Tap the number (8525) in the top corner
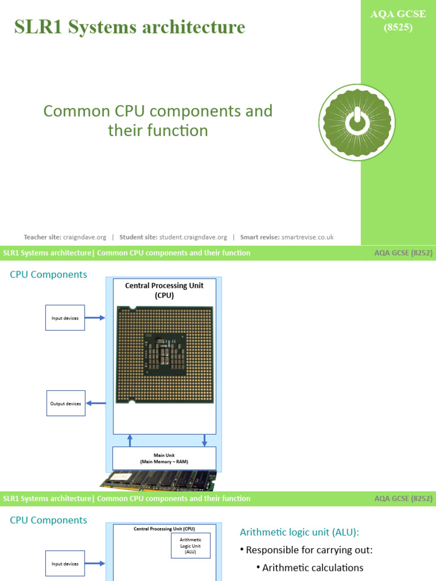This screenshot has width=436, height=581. pyautogui.click(x=398, y=26)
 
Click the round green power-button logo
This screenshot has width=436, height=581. pyautogui.click(x=356, y=122)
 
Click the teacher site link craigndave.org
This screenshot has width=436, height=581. pyautogui.click(x=79, y=237)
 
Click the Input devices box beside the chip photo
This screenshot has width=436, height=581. pyautogui.click(x=65, y=318)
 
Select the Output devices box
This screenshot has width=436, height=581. pyautogui.click(x=65, y=403)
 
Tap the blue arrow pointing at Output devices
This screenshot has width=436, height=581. pyautogui.click(x=95, y=403)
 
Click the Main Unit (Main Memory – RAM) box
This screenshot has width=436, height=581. pyautogui.click(x=164, y=458)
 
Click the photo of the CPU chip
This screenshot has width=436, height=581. pyautogui.click(x=165, y=355)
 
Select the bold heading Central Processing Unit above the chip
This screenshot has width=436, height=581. pyautogui.click(x=164, y=285)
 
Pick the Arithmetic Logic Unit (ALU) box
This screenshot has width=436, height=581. pyautogui.click(x=190, y=546)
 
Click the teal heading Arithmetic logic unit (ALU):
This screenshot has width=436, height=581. pyautogui.click(x=299, y=532)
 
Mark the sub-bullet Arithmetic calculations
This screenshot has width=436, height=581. pyautogui.click(x=312, y=567)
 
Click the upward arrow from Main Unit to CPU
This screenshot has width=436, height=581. pyautogui.click(x=130, y=440)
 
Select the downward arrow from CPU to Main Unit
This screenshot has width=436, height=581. pyautogui.click(x=205, y=440)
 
